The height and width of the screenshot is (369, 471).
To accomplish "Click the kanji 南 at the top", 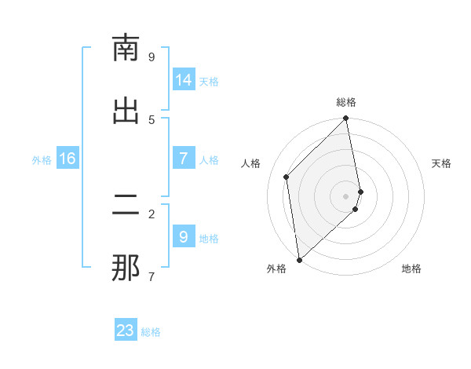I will click(126, 49).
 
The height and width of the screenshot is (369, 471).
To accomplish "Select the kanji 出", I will click(126, 111).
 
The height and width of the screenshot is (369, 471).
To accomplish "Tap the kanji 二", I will click(126, 206).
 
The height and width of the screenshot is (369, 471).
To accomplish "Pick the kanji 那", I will click(126, 268).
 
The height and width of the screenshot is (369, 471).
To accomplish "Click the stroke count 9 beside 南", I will click(152, 57).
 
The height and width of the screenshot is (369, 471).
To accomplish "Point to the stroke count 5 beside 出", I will click(152, 119).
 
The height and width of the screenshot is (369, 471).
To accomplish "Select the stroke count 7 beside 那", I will click(152, 276).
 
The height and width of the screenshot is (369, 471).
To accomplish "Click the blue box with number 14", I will click(184, 80).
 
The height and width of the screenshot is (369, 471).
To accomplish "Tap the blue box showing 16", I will click(68, 159).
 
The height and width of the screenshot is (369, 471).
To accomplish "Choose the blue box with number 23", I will click(126, 331).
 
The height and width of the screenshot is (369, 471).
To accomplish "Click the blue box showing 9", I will click(184, 237).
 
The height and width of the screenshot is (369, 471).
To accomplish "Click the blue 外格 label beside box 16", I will click(42, 159).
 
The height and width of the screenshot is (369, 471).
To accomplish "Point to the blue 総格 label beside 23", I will click(151, 332).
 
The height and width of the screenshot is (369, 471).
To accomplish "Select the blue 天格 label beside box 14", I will click(209, 81).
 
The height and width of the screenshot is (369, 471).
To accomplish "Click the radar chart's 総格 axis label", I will click(346, 102).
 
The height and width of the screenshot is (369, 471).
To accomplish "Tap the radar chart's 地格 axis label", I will click(411, 269).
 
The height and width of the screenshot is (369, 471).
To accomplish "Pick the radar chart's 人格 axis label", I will click(251, 163).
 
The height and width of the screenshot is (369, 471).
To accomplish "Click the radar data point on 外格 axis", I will click(299, 260).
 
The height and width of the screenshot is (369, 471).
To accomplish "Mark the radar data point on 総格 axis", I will click(346, 119).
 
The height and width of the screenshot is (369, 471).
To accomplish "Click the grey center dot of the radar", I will click(346, 195).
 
